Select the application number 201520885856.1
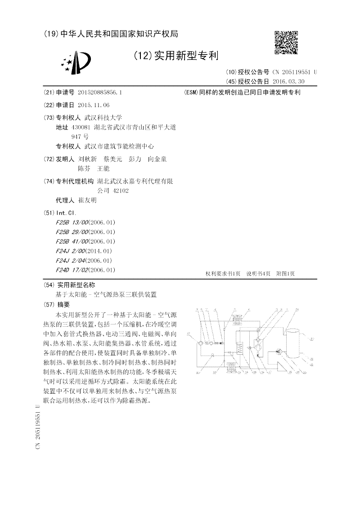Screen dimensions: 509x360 [99, 92]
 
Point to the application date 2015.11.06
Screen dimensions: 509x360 [94, 105]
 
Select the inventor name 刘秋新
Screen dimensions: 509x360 [87, 159]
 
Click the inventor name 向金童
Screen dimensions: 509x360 [157, 159]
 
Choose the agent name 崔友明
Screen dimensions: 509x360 [87, 200]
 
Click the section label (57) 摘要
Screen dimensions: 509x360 [58, 305]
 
